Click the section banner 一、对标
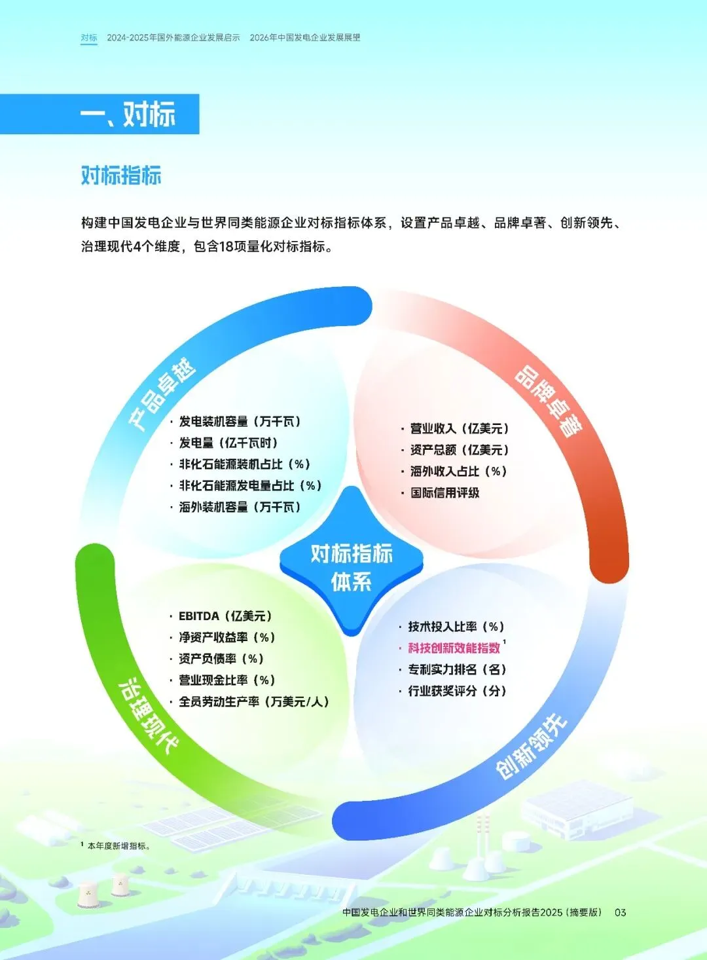coord(128,115)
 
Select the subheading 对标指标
coord(121,175)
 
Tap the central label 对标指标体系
coord(352,567)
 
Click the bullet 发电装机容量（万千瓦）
coord(240,422)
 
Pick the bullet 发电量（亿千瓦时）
coord(228,443)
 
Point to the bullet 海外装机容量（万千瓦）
coord(240,508)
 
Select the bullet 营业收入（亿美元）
coord(459,429)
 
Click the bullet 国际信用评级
coord(445,493)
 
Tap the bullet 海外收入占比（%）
coord(458,471)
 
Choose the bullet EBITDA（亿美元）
coord(225,616)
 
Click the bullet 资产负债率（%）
coord(221,659)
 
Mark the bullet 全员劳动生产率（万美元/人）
coord(253,702)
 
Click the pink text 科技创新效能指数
coord(454,648)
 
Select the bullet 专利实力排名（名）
coord(457,670)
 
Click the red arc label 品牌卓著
coord(549,401)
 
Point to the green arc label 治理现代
coord(148,715)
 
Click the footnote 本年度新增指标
coord(118,846)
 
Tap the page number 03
coord(620,912)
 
